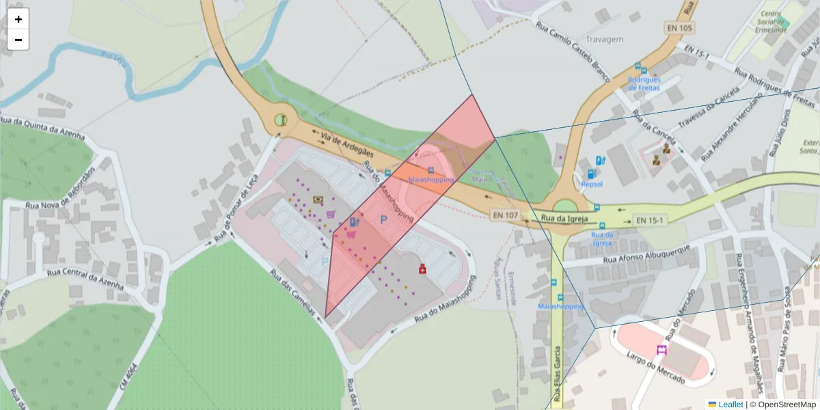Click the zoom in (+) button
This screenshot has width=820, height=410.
[18, 19]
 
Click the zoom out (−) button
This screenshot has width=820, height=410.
[18, 40]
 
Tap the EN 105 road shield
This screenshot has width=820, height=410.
[678, 28]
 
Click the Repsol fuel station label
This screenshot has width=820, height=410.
[592, 184]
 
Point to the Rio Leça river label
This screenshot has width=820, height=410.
[113, 56]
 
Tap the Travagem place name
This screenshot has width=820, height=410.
[605, 39]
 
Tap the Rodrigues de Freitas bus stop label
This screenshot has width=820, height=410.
[644, 83]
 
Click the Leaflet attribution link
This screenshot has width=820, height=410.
[730, 405]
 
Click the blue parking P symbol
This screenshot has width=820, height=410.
[384, 220]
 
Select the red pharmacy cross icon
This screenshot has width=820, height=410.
[422, 269]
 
